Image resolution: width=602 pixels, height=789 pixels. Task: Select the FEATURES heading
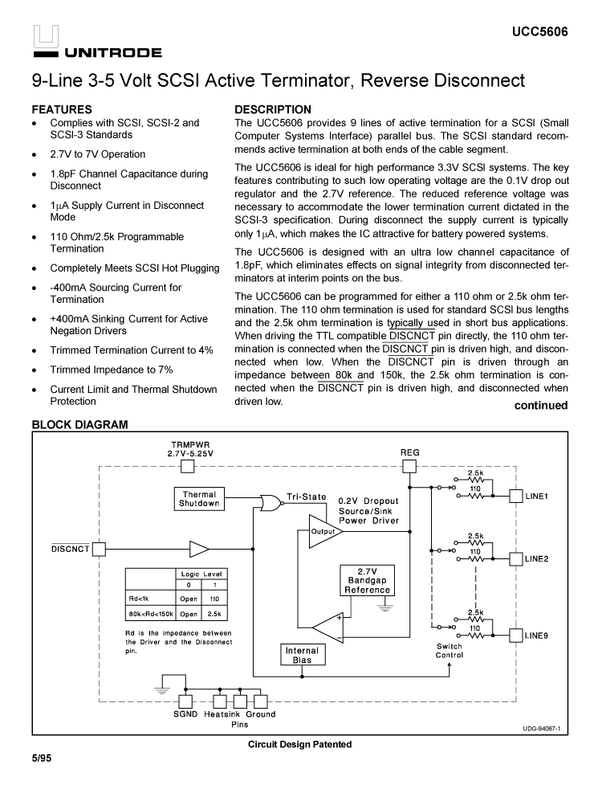pyautogui.click(x=62, y=109)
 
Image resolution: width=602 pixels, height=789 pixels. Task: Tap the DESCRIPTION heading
pyautogui.click(x=273, y=109)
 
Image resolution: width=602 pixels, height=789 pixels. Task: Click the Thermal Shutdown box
pyautogui.click(x=199, y=499)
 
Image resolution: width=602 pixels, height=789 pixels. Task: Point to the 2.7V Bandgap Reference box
pyautogui.click(x=367, y=579)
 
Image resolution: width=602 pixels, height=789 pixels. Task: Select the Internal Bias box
pyautogui.click(x=302, y=655)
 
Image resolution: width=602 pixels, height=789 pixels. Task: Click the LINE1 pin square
pyautogui.click(x=515, y=496)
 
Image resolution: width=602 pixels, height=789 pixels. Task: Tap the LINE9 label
pyautogui.click(x=537, y=636)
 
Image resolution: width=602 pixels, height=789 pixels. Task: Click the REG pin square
pyautogui.click(x=409, y=467)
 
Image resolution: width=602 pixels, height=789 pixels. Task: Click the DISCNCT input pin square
pyautogui.click(x=99, y=550)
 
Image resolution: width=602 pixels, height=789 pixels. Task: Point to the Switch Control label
pyautogui.click(x=449, y=651)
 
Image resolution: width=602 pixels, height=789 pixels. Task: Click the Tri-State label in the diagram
pyautogui.click(x=307, y=497)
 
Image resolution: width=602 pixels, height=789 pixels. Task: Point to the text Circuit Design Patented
pyautogui.click(x=299, y=744)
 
